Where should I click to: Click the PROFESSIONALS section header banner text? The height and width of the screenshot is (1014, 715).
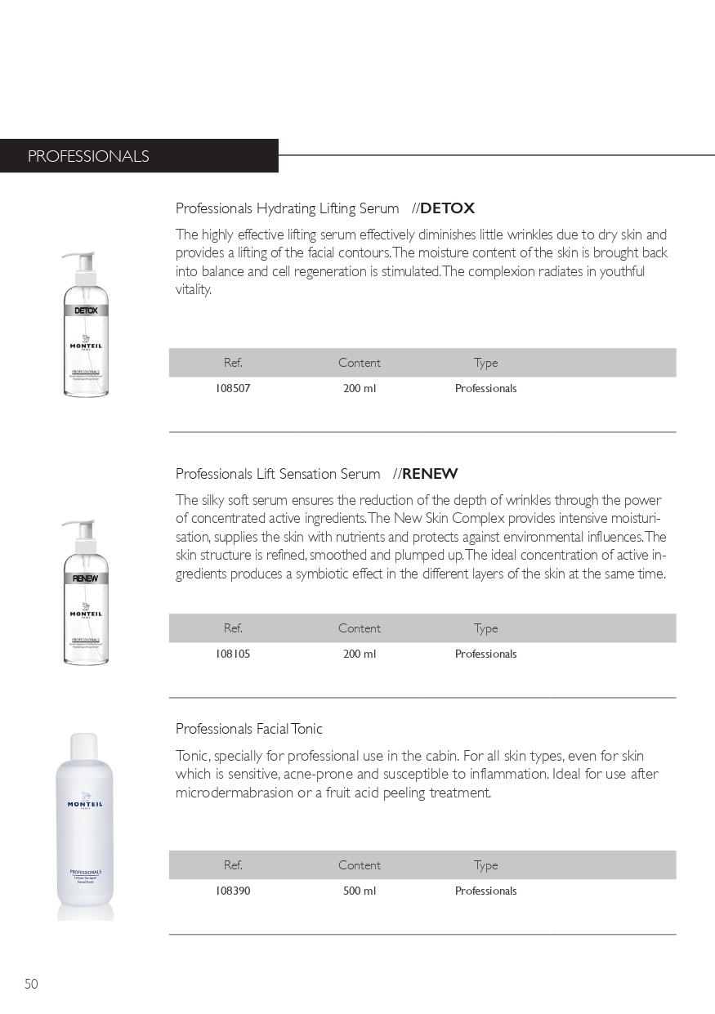tap(88, 156)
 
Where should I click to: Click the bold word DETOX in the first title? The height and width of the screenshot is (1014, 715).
tap(447, 208)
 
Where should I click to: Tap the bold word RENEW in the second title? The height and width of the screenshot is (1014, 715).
tap(430, 474)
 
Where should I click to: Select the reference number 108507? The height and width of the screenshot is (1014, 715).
tap(233, 389)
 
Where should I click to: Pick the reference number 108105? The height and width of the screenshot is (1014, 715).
tap(233, 654)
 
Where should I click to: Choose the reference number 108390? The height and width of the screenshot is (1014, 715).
tap(233, 891)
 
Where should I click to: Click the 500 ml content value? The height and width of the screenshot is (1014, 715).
tap(360, 891)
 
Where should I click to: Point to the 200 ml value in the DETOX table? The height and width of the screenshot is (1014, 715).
tap(360, 389)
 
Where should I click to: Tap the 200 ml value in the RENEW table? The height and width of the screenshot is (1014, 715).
tap(360, 654)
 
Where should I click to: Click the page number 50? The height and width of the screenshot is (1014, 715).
tap(31, 984)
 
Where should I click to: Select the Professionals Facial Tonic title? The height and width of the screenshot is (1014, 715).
tap(249, 729)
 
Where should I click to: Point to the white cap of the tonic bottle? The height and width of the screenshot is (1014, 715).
tap(84, 745)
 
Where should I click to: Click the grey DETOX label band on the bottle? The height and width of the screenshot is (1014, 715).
tap(86, 310)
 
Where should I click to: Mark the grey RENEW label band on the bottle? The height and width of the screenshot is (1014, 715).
tap(86, 578)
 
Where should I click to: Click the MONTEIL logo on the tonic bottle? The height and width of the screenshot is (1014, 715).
tap(85, 805)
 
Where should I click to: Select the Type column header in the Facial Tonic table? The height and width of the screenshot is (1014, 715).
tap(485, 865)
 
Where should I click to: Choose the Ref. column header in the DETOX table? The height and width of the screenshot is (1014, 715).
tap(233, 363)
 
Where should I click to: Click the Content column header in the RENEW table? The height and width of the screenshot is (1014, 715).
tap(360, 628)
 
